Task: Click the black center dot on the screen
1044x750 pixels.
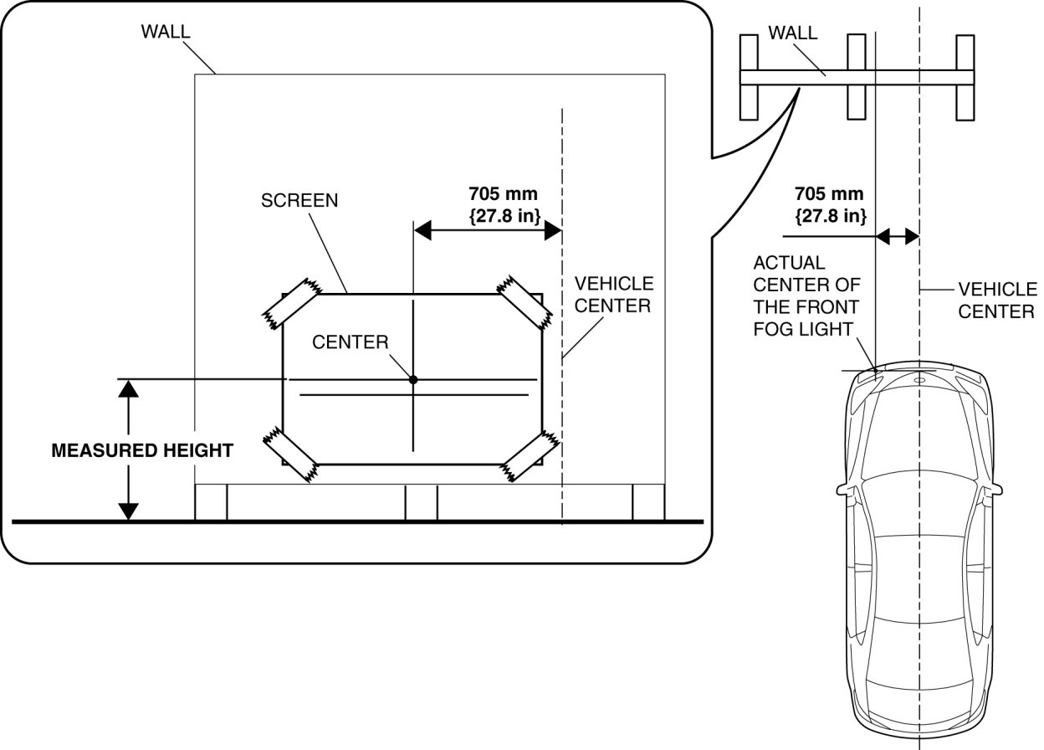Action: click(x=413, y=379)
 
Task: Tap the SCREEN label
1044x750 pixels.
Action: click(x=299, y=201)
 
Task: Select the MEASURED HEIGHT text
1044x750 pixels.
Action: click(x=142, y=450)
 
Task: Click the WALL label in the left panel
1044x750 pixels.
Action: click(x=166, y=32)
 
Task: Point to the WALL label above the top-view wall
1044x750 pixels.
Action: click(x=793, y=34)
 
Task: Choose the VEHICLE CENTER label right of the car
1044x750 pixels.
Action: click(x=997, y=300)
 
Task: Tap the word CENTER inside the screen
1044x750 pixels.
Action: click(x=351, y=342)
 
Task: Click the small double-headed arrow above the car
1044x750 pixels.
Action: click(x=897, y=237)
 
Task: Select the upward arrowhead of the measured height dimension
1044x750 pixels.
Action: click(x=128, y=388)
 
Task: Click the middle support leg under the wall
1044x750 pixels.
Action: click(x=421, y=502)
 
